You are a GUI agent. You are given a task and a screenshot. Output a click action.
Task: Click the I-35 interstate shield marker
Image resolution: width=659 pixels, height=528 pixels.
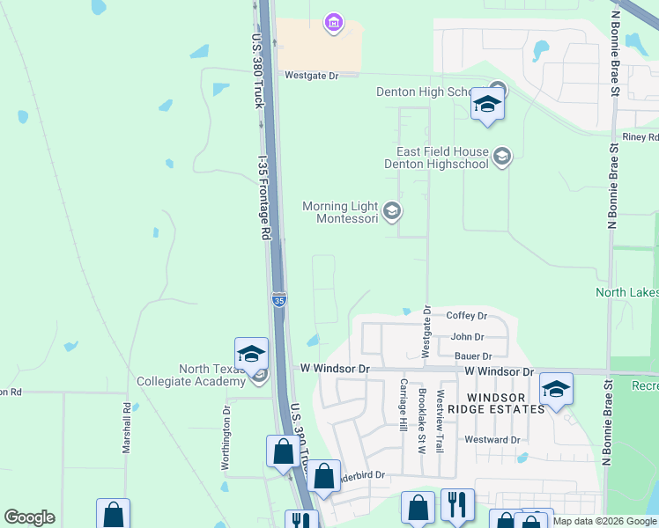click(278, 300)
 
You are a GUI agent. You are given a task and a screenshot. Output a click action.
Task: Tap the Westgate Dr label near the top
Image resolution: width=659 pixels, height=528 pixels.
click(311, 76)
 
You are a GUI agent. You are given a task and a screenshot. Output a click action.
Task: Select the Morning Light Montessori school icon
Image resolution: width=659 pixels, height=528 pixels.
click(392, 211)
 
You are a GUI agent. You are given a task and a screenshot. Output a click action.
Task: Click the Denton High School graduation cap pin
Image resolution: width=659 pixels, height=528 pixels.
click(486, 105)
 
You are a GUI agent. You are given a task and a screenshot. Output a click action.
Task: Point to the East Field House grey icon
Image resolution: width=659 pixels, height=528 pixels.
click(502, 157)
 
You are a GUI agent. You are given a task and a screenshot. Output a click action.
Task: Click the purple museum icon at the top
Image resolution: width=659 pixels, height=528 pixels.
click(333, 22)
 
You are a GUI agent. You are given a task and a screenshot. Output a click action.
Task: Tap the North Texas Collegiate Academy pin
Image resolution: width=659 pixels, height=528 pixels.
click(251, 355)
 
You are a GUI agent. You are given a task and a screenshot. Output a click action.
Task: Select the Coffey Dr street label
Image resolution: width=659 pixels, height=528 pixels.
click(467, 316)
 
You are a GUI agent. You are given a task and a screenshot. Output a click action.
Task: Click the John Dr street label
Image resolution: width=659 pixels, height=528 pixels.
click(467, 336)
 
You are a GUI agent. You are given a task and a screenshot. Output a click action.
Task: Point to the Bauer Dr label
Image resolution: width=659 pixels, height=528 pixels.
click(473, 356)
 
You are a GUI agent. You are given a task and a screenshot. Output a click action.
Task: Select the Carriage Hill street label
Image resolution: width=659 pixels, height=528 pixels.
click(404, 405)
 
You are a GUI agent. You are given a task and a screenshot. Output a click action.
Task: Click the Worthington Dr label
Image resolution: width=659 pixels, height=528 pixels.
click(226, 436)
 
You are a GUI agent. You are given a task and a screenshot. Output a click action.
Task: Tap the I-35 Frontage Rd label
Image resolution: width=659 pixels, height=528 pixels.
click(263, 198)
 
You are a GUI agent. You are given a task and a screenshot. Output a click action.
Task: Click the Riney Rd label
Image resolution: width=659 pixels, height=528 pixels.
click(640, 137)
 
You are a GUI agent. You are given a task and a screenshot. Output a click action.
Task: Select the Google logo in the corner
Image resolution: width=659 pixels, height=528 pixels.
click(29, 517)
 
